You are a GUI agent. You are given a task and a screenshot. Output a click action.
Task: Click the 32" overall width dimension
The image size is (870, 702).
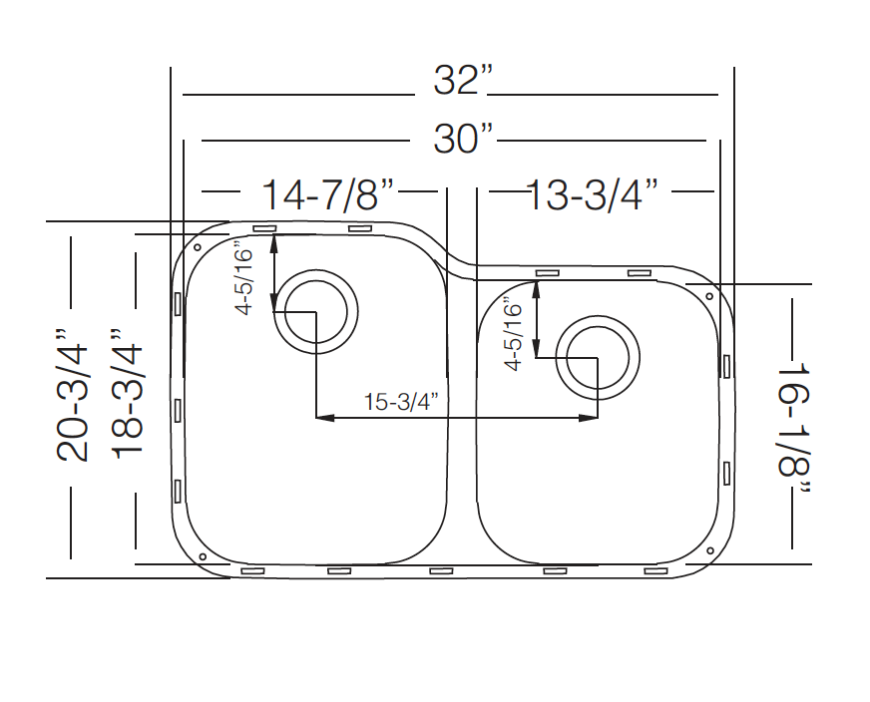[x=463, y=81]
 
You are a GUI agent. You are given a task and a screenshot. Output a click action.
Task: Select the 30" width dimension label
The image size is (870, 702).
[x=463, y=139]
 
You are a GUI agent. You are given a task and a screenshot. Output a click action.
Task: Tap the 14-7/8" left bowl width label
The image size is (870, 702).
[x=327, y=194]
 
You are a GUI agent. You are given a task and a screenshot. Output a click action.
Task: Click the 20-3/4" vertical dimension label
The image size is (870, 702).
[x=73, y=395]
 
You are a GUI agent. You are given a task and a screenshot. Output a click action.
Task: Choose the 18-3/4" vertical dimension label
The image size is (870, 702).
[x=128, y=395]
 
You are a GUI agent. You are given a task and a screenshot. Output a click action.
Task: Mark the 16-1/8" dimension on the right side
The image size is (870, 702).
[x=794, y=428]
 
